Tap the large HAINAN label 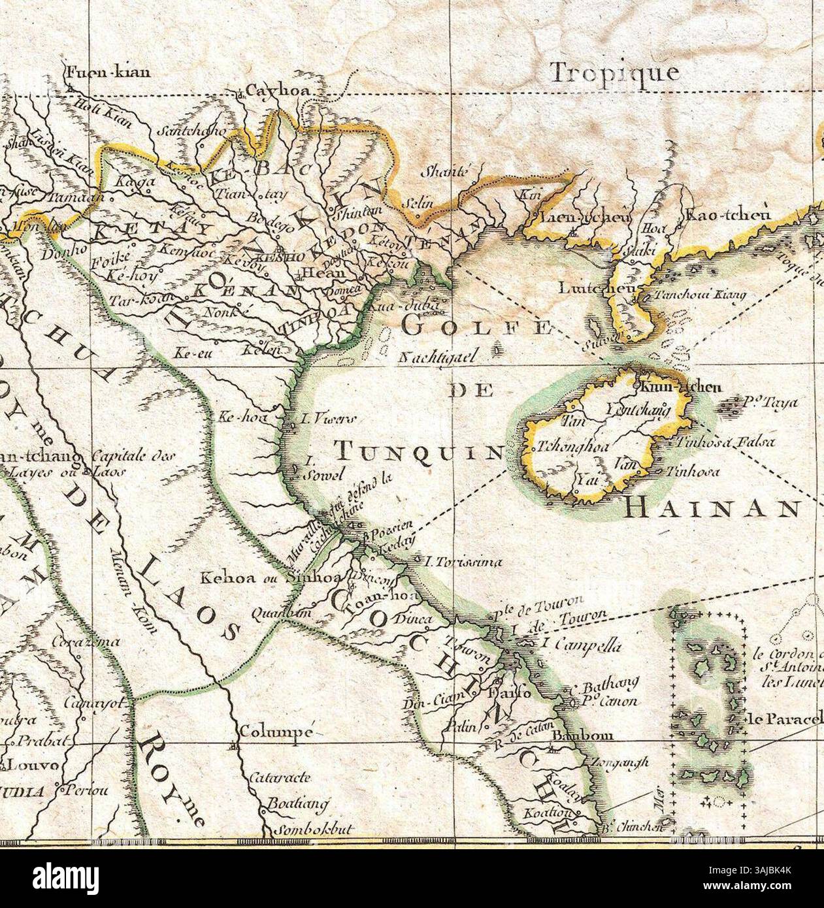click(x=712, y=507)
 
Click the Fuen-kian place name click(x=108, y=71)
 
